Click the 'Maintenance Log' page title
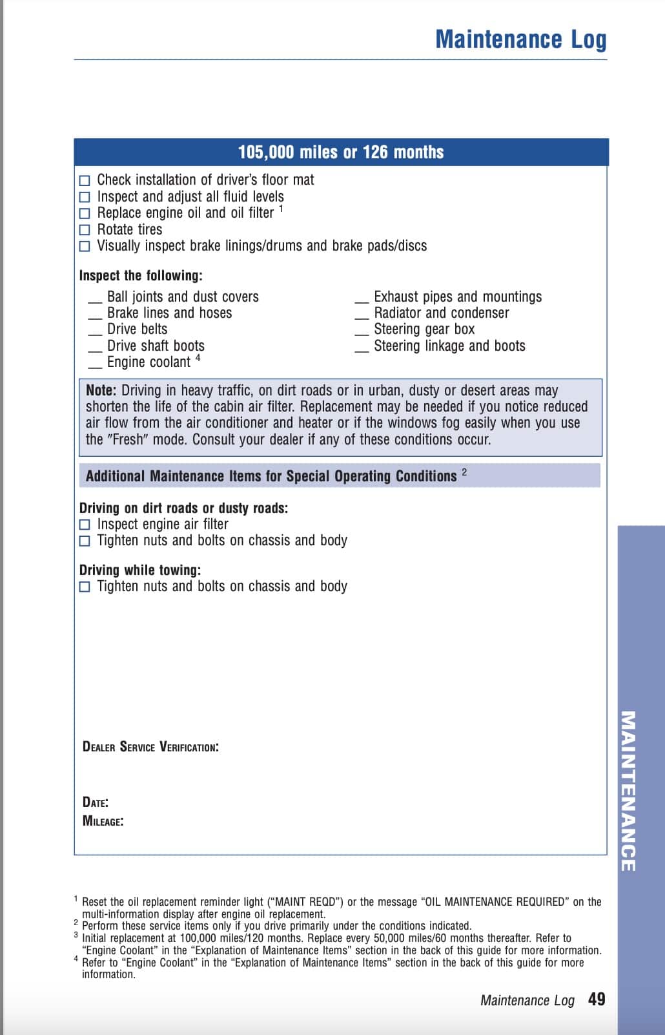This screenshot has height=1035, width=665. pos(520,39)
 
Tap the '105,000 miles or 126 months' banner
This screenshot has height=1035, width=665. pos(341,152)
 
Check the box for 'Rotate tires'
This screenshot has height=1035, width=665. pos(85,229)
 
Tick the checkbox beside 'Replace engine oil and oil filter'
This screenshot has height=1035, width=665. pos(85,213)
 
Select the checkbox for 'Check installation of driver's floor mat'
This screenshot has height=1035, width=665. pos(85,180)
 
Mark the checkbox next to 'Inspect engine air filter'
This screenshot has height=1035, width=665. pos(85,525)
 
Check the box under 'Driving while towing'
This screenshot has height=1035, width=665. pos(85,587)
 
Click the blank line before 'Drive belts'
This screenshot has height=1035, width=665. pos(95,332)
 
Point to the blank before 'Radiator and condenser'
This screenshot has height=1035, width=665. pos(362,316)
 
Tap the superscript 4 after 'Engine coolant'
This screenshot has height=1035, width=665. pos(198,358)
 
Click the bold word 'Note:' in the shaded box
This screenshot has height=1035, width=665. pos(101,390)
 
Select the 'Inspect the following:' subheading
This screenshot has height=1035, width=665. pos(141,276)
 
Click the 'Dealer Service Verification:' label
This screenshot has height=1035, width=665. pos(150,747)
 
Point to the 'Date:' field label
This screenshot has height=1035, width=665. pos(95,802)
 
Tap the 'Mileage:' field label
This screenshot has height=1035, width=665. pos(103,821)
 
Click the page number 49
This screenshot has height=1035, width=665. pos(597,999)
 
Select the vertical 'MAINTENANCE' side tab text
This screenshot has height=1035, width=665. pos(628,791)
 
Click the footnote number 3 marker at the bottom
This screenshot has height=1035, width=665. pos(76,935)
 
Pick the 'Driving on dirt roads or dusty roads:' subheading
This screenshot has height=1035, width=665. pos(183,508)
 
